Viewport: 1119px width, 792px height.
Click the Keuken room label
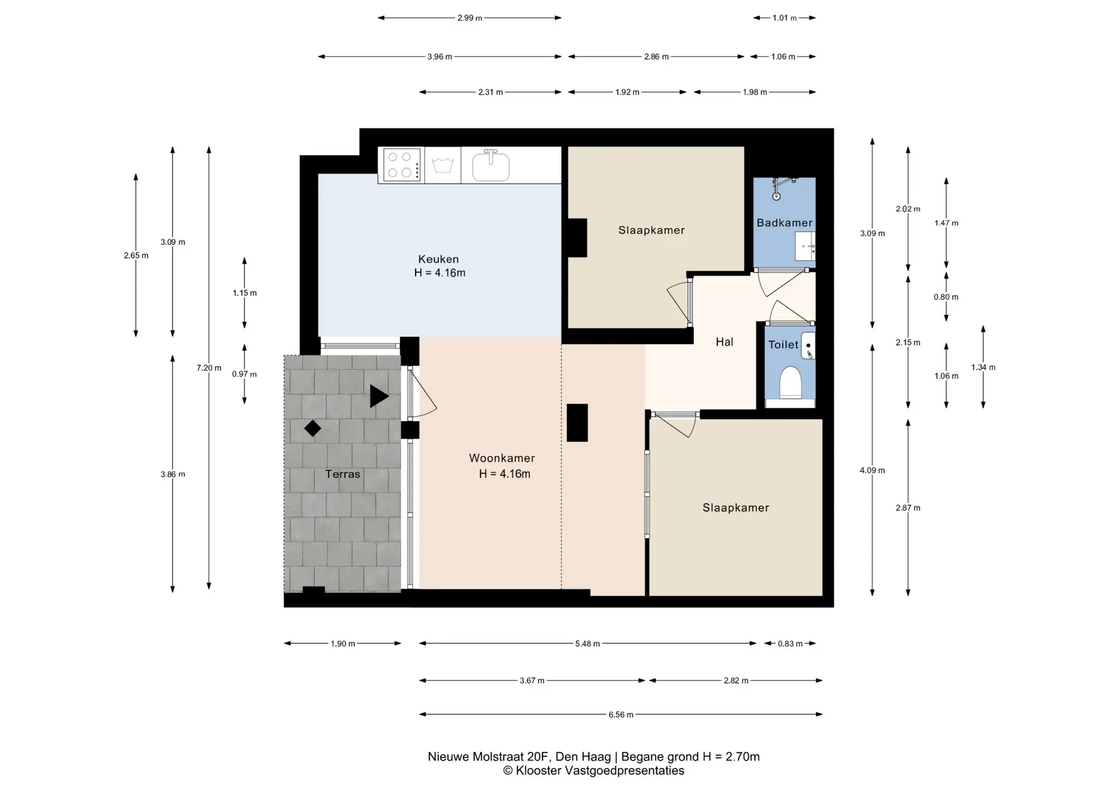pyautogui.click(x=438, y=259)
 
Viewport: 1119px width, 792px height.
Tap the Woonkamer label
pyautogui.click(x=502, y=458)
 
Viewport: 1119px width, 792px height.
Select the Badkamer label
pyautogui.click(x=784, y=223)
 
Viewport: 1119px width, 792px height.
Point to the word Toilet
pyautogui.click(x=783, y=345)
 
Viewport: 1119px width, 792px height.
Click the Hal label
pyautogui.click(x=724, y=342)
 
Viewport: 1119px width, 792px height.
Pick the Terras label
pyautogui.click(x=343, y=474)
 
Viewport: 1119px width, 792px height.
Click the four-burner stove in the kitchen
pyautogui.click(x=401, y=165)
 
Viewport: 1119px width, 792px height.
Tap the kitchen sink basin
pyautogui.click(x=491, y=166)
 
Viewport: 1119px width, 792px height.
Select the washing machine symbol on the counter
pyautogui.click(x=443, y=165)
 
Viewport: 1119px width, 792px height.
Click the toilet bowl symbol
pyautogui.click(x=790, y=382)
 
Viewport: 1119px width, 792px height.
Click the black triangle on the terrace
pyautogui.click(x=379, y=397)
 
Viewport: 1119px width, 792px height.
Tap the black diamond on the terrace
pyautogui.click(x=312, y=429)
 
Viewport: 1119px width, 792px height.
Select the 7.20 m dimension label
pyautogui.click(x=209, y=368)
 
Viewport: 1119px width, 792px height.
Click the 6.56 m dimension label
pyautogui.click(x=621, y=714)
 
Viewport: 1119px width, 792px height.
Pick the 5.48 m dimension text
pyautogui.click(x=587, y=644)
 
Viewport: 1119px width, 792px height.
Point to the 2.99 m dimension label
pyautogui.click(x=470, y=18)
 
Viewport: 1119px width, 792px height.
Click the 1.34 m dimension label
pyautogui.click(x=983, y=367)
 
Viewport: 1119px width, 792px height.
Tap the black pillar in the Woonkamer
pyautogui.click(x=577, y=423)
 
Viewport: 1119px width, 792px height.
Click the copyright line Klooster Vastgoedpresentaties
pyautogui.click(x=594, y=771)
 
